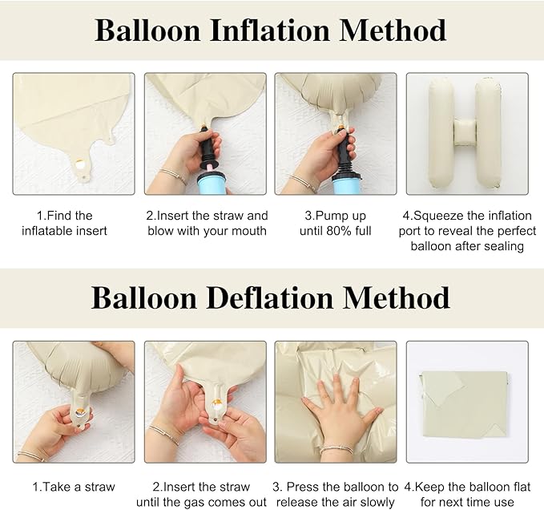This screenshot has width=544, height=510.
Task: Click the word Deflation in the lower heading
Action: pos(273,297)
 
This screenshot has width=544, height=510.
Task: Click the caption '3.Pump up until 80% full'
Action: pos(335,223)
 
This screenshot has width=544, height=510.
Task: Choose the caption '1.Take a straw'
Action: pos(73,487)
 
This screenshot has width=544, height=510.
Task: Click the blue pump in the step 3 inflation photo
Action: pos(347,183)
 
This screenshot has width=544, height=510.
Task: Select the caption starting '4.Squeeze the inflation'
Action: pos(465,231)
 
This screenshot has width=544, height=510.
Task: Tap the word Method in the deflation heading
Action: pos(396,297)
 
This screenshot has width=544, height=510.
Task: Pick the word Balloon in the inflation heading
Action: pos(149,30)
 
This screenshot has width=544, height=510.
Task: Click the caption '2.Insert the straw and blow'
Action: pos(206,223)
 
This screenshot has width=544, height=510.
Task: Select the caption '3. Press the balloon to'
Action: pos(335,487)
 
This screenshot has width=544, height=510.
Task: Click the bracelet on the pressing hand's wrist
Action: pos(336,450)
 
